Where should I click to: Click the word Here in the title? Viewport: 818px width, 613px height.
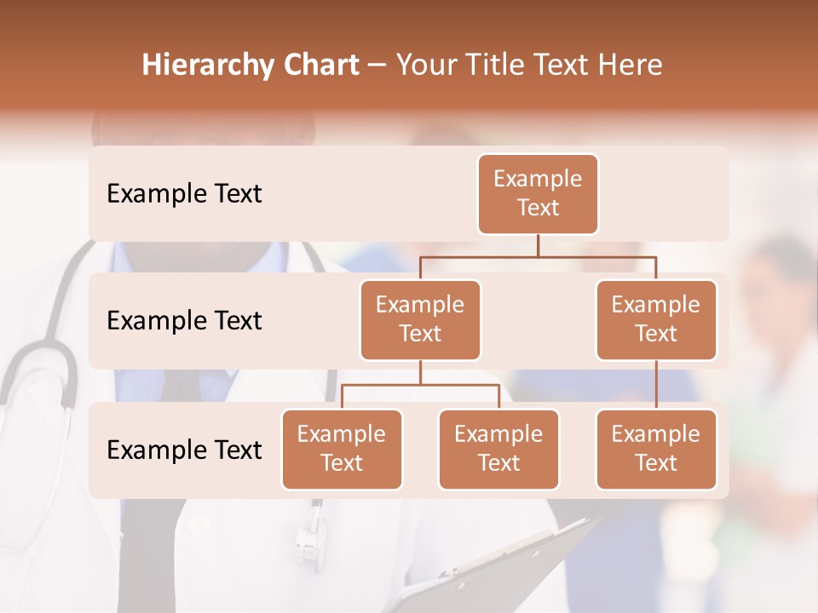click(631, 65)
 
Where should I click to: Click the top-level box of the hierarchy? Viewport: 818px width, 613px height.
click(538, 193)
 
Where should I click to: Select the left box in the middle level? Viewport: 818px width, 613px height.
click(420, 319)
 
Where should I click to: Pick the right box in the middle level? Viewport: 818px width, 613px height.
click(656, 319)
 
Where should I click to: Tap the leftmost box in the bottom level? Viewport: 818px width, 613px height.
click(342, 449)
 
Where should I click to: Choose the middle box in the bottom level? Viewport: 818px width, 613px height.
click(498, 449)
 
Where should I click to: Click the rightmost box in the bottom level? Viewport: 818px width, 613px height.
click(656, 449)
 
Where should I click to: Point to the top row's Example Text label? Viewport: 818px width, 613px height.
click(184, 194)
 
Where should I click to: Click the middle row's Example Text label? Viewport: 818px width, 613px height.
click(184, 321)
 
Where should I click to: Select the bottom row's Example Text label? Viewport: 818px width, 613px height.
click(184, 450)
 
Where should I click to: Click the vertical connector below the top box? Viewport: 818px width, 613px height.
click(538, 245)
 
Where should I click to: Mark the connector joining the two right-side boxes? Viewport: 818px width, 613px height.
click(656, 385)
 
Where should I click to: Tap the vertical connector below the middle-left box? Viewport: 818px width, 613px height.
click(420, 372)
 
